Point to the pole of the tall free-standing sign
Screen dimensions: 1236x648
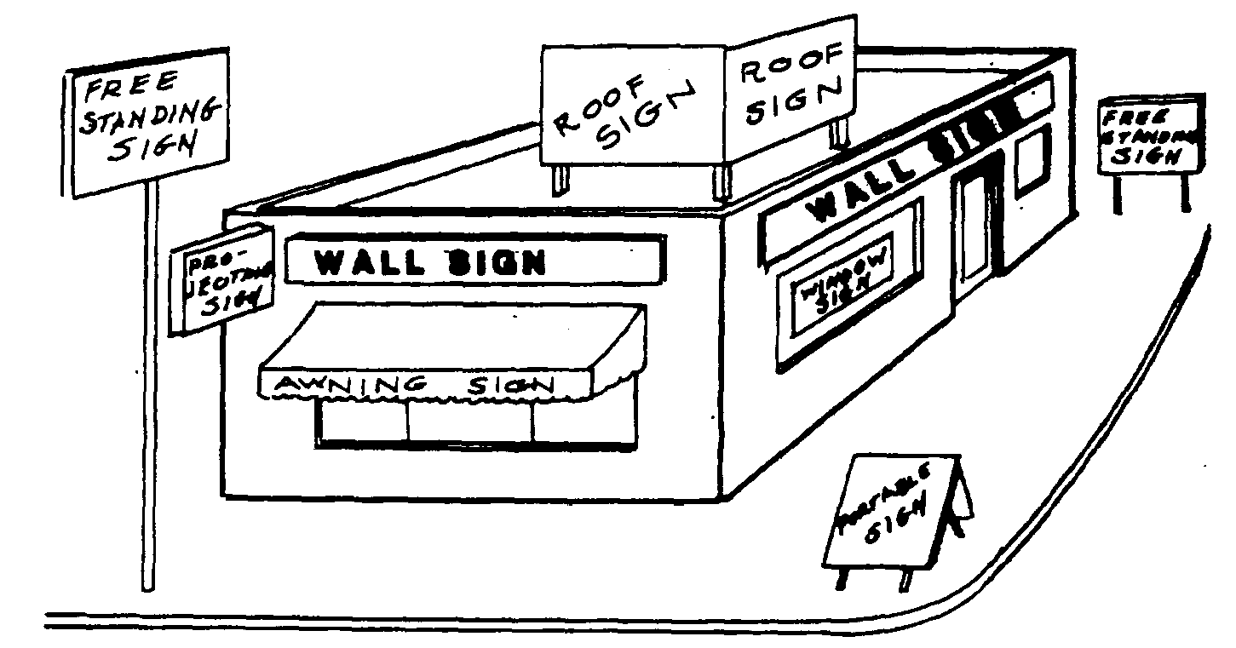coord(149,383)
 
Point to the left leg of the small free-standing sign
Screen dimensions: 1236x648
coord(1118,194)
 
